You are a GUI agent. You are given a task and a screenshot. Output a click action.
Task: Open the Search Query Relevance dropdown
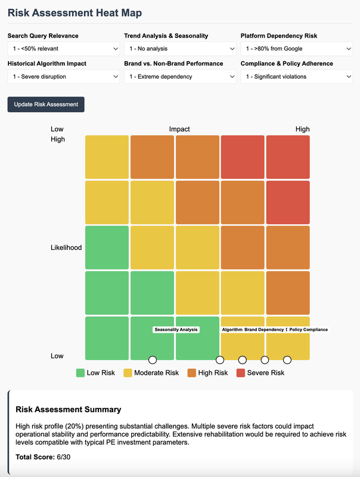tap(63, 48)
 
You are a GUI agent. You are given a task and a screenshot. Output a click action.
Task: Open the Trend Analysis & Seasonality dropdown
tap(180, 48)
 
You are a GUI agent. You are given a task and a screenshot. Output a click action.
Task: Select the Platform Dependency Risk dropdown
tap(296, 48)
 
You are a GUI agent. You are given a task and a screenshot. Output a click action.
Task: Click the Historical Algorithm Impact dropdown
tap(63, 76)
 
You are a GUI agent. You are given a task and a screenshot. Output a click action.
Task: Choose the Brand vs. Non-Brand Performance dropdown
tap(180, 76)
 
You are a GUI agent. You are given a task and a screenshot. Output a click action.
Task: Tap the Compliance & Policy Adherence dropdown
tap(296, 76)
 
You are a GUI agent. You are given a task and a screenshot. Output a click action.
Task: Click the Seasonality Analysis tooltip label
tap(176, 330)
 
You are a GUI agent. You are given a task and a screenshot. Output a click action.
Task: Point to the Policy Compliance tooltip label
tap(308, 330)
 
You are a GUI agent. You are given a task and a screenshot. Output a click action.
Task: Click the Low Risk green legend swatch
tap(80, 373)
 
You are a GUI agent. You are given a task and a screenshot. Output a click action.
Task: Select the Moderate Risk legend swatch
tap(128, 373)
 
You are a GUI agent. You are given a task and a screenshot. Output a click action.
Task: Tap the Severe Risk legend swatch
tap(241, 373)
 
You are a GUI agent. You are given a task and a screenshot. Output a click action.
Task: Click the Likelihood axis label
tap(66, 247)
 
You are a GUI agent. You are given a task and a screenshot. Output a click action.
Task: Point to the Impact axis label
tap(179, 129)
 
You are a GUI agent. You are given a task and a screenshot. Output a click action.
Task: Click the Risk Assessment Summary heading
tap(69, 410)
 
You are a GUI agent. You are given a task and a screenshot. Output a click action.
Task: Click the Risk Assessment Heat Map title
tap(75, 13)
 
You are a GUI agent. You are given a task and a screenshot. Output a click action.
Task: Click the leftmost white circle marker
tap(153, 360)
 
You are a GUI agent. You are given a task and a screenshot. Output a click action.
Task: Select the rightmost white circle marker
tap(287, 360)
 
